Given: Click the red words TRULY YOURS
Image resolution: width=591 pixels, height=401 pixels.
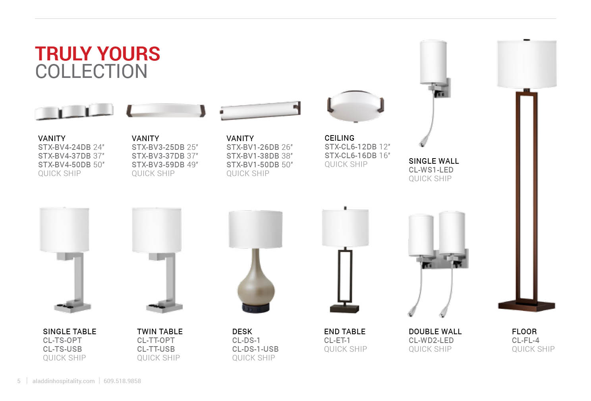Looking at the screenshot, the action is tap(97, 54).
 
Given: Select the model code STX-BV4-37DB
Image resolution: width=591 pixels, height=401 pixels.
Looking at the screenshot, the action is tap(64, 156).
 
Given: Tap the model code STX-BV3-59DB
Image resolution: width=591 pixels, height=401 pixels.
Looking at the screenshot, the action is tap(158, 165).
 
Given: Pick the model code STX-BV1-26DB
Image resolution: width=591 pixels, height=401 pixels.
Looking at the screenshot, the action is tap(253, 147).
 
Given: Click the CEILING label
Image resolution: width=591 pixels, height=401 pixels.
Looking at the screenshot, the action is tap(340, 138).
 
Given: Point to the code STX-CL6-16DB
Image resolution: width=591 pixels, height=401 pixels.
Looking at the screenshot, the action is tap(351, 155).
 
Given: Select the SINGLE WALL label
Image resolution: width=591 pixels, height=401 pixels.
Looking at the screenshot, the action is tap(434, 161).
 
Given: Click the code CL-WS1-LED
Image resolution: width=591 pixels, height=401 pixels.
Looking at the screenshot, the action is tap(431, 170).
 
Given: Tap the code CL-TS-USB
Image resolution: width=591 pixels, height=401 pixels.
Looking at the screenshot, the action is tap(62, 349).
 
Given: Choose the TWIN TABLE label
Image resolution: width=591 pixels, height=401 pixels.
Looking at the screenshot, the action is tap(160, 331).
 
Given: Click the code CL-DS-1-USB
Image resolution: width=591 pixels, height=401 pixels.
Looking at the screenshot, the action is tap(255, 349).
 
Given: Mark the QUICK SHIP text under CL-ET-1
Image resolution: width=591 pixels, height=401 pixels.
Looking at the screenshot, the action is tap(346, 349).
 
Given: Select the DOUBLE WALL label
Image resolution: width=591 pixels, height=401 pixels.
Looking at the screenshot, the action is tap(435, 331).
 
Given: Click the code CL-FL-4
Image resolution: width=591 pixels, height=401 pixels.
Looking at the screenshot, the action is tap(525, 340).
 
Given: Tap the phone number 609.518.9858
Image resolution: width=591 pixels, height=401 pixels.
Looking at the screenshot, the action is tap(122, 381).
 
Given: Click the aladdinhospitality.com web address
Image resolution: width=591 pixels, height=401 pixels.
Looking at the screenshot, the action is tap(64, 381).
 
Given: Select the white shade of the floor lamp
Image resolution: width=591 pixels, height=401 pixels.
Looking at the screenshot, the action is tap(527, 64).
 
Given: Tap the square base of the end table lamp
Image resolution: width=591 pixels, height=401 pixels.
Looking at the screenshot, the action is tap(345, 309).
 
